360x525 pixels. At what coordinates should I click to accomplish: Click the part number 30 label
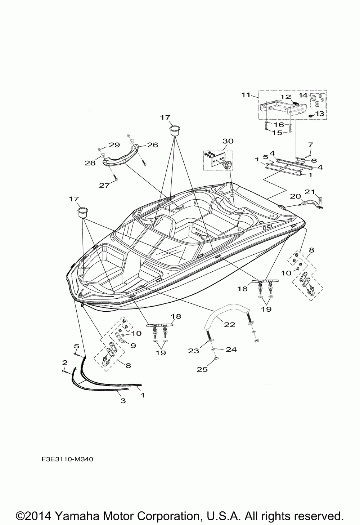228,141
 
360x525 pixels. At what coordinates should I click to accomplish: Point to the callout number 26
152,145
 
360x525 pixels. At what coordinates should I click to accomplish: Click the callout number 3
123,401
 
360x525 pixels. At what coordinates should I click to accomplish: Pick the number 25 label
202,369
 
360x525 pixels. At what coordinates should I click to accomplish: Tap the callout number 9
133,346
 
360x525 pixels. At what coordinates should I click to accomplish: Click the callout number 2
64,362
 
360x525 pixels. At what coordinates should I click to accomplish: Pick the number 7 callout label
310,144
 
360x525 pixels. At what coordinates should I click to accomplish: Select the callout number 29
114,145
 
